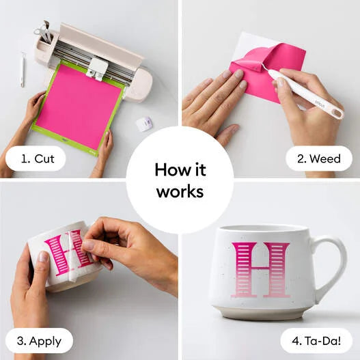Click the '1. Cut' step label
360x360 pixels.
point(38,158)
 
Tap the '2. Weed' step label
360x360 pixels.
point(319,158)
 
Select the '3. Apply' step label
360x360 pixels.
point(39,342)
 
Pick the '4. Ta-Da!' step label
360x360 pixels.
point(316,341)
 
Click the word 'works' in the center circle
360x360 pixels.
point(180,191)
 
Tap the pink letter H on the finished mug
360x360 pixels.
point(261,270)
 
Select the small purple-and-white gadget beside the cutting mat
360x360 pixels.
point(144,124)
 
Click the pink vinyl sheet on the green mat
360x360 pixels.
point(79,107)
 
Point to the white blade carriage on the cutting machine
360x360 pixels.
point(98,68)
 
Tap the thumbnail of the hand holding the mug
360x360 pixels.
point(44,256)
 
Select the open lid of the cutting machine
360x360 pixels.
point(101,44)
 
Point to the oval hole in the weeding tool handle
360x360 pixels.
point(337,113)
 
